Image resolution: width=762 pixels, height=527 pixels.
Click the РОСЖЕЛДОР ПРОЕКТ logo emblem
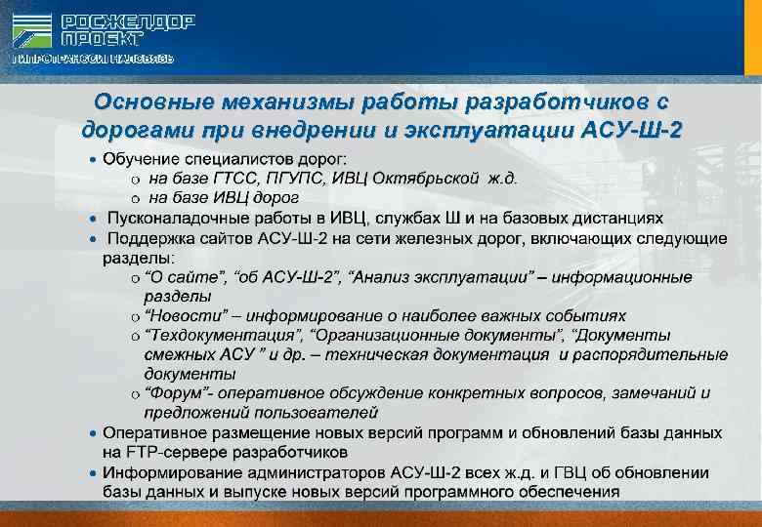[32, 29]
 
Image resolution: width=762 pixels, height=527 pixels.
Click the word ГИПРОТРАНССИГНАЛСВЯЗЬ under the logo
[93, 59]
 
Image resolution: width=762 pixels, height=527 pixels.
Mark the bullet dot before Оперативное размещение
[92, 432]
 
